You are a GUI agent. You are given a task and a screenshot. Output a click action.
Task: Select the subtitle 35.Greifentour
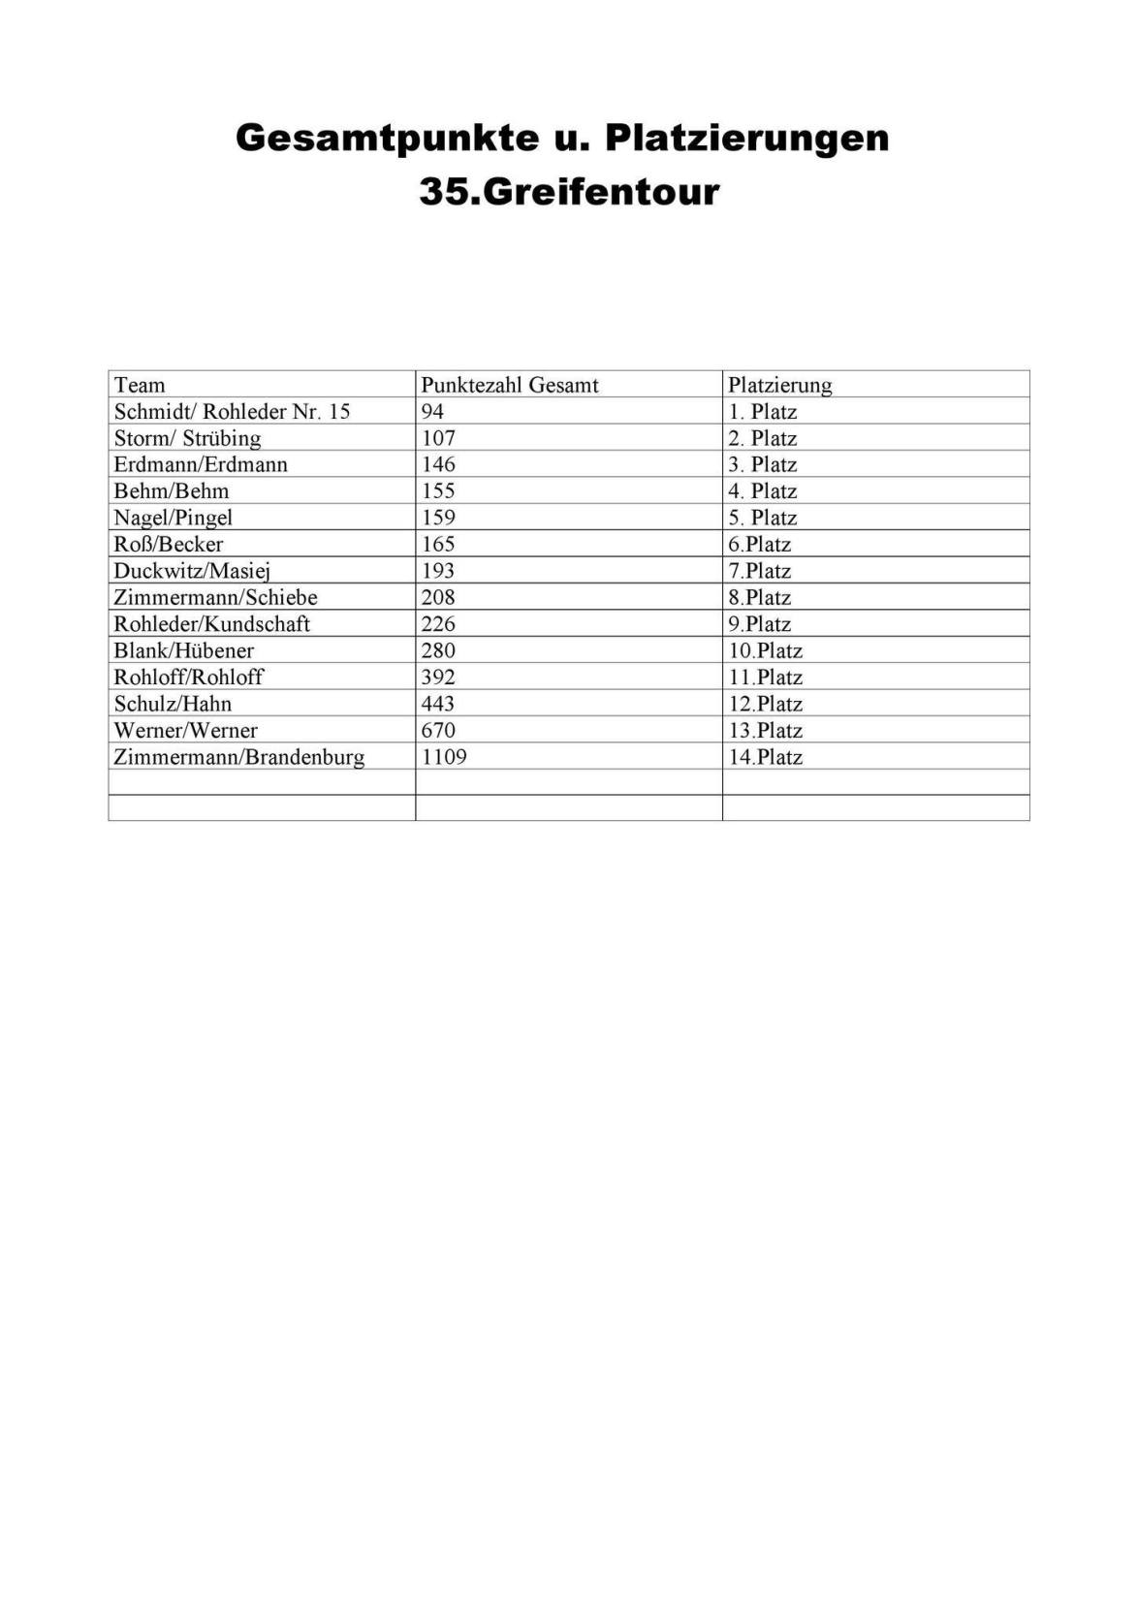[x=569, y=191]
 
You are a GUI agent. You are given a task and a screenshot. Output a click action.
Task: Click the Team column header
[x=140, y=385]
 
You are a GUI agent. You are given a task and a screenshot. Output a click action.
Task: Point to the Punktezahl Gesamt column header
[x=510, y=385]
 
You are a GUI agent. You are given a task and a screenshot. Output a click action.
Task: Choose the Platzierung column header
[x=780, y=385]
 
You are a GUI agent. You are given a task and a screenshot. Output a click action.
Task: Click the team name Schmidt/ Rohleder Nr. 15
[x=232, y=411]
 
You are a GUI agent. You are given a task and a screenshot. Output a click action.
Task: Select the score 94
[x=432, y=411]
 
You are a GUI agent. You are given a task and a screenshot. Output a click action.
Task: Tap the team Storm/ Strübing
[x=187, y=438]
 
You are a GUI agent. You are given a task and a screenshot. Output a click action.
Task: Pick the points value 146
[x=438, y=464]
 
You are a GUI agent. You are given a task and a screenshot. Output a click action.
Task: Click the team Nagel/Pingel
[x=173, y=518]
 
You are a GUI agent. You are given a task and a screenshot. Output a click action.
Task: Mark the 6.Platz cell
[x=760, y=544]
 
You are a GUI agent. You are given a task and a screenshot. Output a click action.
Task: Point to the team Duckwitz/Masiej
[x=192, y=571]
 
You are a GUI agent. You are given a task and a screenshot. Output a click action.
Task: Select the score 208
[x=438, y=597]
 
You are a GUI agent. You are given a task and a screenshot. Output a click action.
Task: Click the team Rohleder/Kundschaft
[x=211, y=623]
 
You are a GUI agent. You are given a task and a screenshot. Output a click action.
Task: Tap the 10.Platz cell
[x=766, y=650]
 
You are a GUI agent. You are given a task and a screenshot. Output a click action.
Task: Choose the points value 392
[x=438, y=677]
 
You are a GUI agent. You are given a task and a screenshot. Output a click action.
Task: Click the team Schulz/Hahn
[x=173, y=704]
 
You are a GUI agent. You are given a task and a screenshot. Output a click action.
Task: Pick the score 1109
[x=444, y=756]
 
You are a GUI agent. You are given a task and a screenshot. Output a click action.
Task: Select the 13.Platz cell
[x=766, y=730]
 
